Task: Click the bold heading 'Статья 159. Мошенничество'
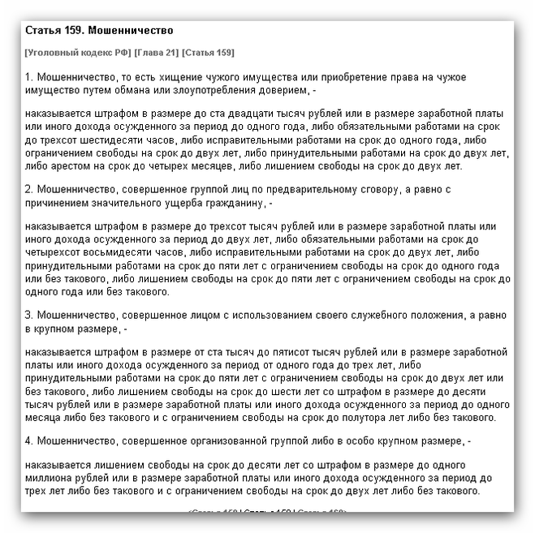pyautogui.click(x=99, y=32)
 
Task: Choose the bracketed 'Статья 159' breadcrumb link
pyautogui.click(x=209, y=53)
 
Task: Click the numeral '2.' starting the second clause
pyautogui.click(x=30, y=189)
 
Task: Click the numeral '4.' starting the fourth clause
pyautogui.click(x=30, y=441)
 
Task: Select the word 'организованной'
pyautogui.click(x=216, y=441)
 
